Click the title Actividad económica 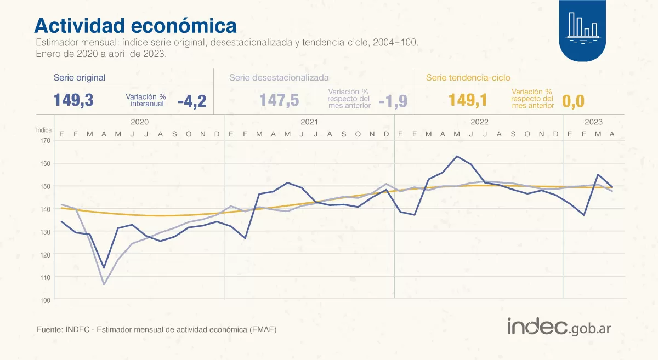pyautogui.click(x=135, y=25)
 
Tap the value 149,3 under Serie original pyautogui.click(x=73, y=100)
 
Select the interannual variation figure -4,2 pyautogui.click(x=191, y=101)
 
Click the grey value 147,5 pyautogui.click(x=279, y=100)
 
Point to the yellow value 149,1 pyautogui.click(x=467, y=100)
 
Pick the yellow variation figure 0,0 pyautogui.click(x=573, y=101)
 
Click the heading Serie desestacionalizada pyautogui.click(x=279, y=77)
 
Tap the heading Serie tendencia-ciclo pyautogui.click(x=468, y=77)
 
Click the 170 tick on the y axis pyautogui.click(x=45, y=141)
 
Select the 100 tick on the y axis pyautogui.click(x=45, y=300)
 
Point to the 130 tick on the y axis pyautogui.click(x=45, y=232)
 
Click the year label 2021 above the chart pyautogui.click(x=309, y=122)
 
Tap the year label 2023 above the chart pyautogui.click(x=593, y=122)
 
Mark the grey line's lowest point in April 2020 pyautogui.click(x=104, y=284)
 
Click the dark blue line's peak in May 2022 pyautogui.click(x=457, y=156)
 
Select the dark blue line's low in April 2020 pyautogui.click(x=104, y=268)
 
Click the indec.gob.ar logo pyautogui.click(x=559, y=327)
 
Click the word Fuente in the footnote pyautogui.click(x=48, y=330)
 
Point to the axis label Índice pyautogui.click(x=44, y=130)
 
